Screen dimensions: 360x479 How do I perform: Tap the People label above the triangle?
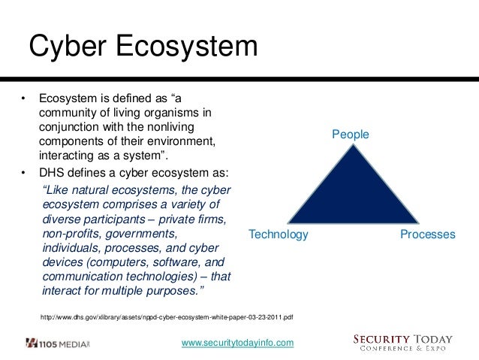click(351, 135)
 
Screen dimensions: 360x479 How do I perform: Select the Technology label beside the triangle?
click(279, 234)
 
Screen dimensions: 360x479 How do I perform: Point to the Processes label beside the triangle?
click(427, 234)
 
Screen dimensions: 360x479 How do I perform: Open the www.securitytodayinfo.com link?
click(238, 343)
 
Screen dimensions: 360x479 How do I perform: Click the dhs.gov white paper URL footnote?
click(166, 317)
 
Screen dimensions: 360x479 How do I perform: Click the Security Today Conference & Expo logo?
click(403, 342)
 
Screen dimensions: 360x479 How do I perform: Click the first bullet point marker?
click(23, 98)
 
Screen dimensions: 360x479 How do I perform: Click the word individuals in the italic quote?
click(72, 249)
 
